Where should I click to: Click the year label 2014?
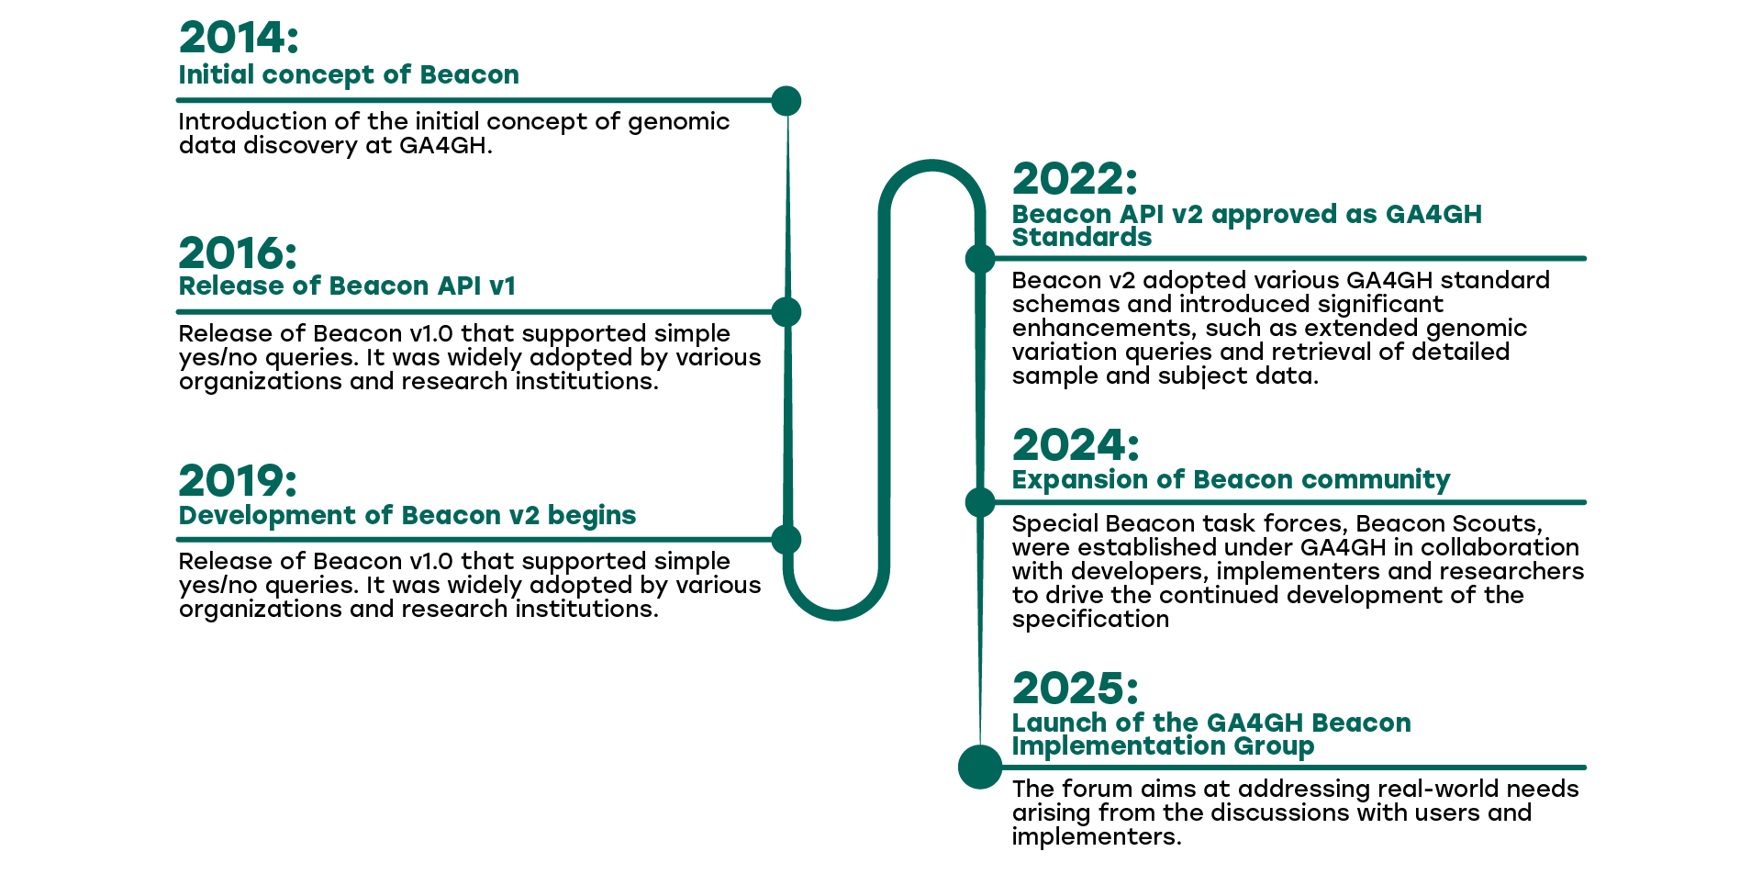click(239, 39)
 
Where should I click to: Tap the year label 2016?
click(238, 253)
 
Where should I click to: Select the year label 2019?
click(238, 481)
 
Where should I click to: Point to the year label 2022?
click(1075, 179)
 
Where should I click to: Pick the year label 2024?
click(1076, 445)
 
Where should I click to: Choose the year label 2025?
click(1076, 689)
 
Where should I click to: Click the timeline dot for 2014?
click(786, 101)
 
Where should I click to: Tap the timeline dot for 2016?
click(786, 312)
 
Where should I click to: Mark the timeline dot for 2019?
click(786, 540)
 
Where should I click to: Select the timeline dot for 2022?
click(980, 259)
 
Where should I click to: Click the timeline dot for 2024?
click(980, 502)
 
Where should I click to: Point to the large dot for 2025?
click(980, 767)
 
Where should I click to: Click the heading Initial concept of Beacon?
click(349, 75)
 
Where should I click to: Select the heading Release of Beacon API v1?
click(347, 286)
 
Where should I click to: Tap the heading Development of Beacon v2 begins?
click(407, 516)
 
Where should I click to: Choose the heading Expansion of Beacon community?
click(1231, 480)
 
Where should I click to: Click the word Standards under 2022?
click(1082, 238)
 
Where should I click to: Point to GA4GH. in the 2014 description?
click(446, 146)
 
